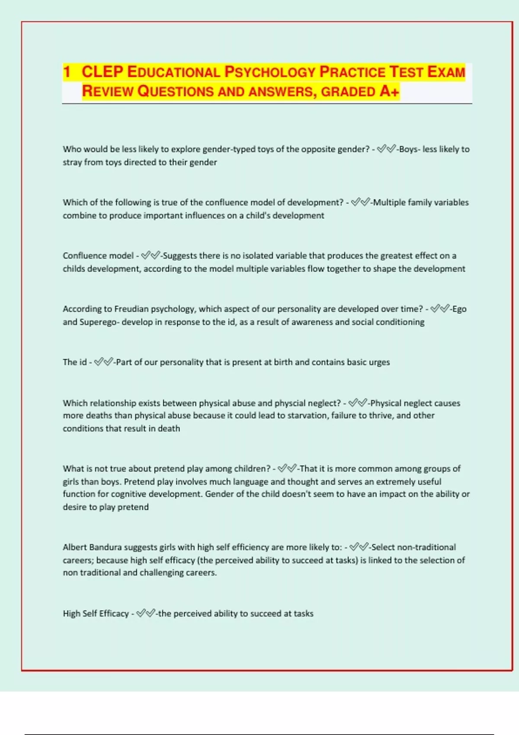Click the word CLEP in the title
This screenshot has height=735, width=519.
coord(102,72)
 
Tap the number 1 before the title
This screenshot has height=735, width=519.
coord(67,72)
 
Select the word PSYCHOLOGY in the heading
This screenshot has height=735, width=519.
coord(269,72)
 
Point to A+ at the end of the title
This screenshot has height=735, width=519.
coord(389,91)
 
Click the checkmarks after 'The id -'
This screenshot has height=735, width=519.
coord(104,362)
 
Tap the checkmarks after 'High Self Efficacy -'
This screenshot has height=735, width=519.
coord(146,614)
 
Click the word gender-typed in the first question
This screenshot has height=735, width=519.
coord(229,149)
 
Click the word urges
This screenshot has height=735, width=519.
coord(379,362)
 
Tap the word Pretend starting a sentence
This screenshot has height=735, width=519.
coord(139,482)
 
